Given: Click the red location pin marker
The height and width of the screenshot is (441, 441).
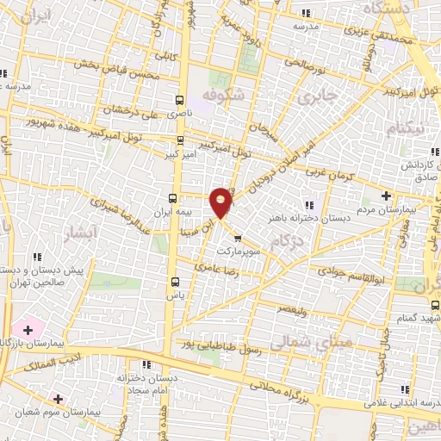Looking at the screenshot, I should point(221,202).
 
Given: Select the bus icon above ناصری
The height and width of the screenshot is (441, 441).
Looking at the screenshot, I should point(179,99).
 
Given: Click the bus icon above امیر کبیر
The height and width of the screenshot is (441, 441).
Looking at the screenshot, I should point(179,140).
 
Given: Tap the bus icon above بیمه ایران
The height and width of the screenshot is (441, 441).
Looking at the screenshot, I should point(171,197).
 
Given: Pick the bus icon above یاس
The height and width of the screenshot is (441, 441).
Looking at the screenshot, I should point(176,281).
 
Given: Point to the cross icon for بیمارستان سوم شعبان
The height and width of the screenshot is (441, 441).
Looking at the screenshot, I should point(58,399).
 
